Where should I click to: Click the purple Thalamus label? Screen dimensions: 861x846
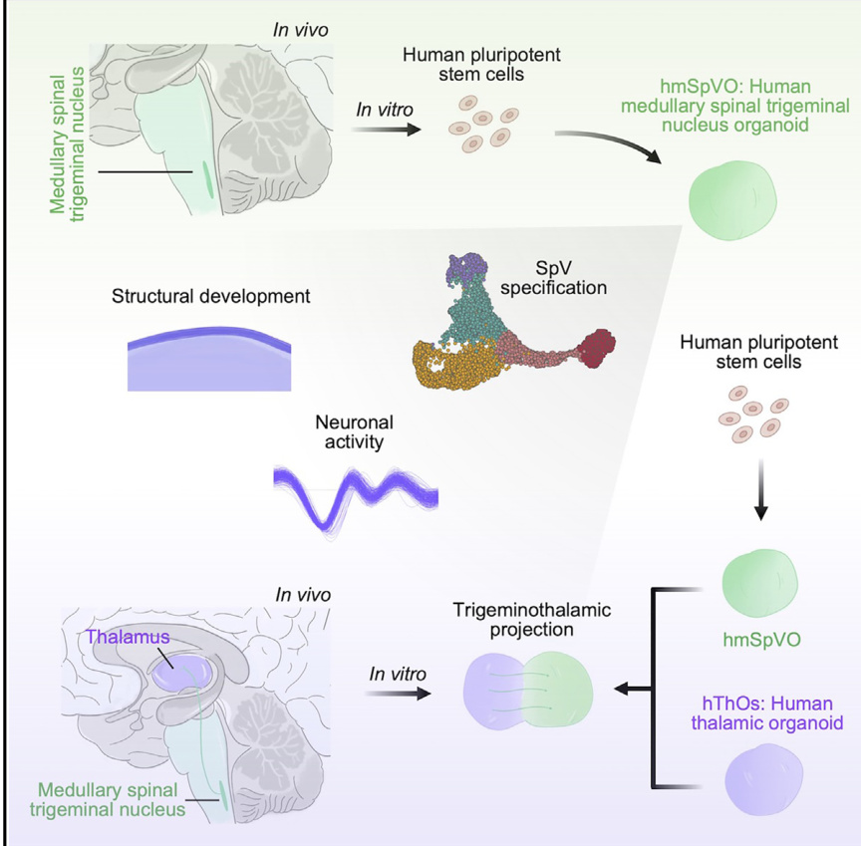point(128,637)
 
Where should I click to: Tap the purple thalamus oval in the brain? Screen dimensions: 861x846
point(181,675)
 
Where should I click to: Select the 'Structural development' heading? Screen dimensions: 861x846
point(211,296)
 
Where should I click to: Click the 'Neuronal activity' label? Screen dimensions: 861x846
point(354,432)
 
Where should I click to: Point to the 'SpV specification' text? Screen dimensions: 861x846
point(553,278)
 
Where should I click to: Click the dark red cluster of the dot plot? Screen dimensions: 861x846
point(598,348)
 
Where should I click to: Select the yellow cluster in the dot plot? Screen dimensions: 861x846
point(454,365)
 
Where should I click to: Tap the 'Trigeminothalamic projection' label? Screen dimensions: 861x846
point(531,619)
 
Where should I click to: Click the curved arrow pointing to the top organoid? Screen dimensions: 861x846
point(610,142)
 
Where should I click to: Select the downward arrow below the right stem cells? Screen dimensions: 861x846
point(760,489)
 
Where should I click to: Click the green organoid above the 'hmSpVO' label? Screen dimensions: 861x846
point(760,583)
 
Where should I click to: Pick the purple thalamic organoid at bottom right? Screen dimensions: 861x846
point(763,779)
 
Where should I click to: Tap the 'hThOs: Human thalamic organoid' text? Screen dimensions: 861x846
point(767,712)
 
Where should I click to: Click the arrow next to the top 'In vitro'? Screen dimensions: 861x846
point(386,131)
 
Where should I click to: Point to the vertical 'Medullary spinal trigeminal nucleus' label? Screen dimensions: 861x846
point(67,143)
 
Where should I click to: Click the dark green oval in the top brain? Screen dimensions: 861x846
point(208,179)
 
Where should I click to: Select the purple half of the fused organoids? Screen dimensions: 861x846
point(493,692)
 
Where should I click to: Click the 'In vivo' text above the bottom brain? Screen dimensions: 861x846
point(303,595)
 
